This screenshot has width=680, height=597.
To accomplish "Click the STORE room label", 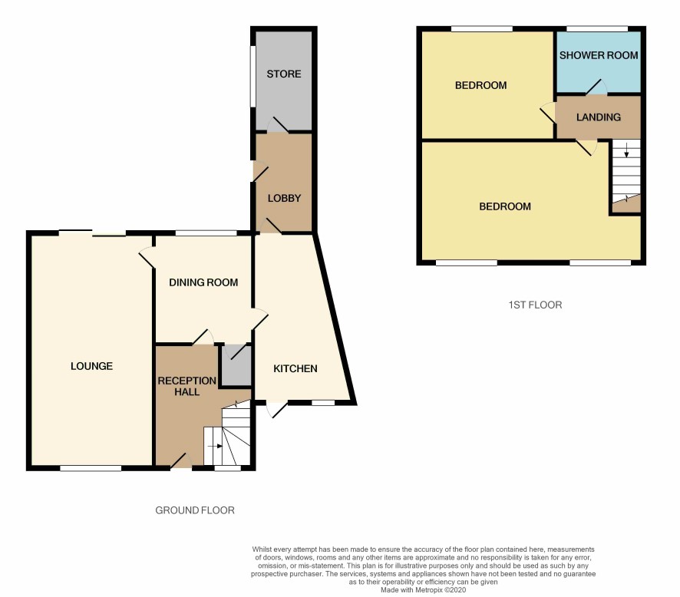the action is point(284,74).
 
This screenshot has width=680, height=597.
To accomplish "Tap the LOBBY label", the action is point(284,199).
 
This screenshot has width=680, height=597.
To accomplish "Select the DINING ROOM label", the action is point(203,282).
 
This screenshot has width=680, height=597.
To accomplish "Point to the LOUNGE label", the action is point(91,366).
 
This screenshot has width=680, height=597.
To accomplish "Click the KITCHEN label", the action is point(295,369).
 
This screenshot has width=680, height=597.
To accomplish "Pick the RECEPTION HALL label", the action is point(187,386).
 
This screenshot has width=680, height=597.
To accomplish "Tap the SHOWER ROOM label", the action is point(599,55).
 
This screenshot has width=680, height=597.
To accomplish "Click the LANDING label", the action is point(599,117).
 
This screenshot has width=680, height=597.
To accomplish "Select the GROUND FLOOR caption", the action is point(195,510).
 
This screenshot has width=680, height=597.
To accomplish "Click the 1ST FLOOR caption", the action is point(535,305).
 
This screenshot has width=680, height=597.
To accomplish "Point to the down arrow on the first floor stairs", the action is point(626,151).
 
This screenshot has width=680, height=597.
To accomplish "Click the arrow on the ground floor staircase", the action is point(215,446).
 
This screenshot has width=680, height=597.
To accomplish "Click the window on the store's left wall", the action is point(252,75).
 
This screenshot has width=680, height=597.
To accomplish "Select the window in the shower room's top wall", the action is point(597,28).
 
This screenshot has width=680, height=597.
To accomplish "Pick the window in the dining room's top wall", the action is point(206,233).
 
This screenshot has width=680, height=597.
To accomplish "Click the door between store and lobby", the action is point(278,125).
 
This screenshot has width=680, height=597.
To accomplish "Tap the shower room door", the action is point(597,87).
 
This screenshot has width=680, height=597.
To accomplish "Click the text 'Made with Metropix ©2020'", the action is point(423,590).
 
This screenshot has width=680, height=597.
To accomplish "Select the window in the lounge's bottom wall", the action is point(91,468).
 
